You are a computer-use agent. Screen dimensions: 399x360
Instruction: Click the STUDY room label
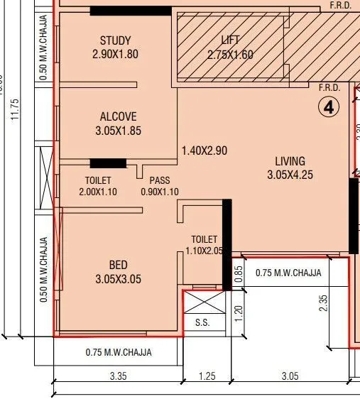115,40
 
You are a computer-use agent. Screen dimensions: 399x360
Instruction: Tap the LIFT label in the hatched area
230,40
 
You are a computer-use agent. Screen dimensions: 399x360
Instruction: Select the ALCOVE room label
118,116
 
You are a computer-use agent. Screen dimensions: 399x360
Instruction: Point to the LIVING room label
286,161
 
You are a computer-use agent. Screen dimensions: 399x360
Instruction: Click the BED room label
118,266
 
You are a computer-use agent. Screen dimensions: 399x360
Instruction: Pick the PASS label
158,180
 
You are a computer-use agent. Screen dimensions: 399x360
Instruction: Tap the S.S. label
202,323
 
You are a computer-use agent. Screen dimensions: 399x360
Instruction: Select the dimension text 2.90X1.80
115,55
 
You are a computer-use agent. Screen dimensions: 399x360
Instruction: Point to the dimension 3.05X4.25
290,175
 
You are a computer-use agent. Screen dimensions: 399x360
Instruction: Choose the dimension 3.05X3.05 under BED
118,280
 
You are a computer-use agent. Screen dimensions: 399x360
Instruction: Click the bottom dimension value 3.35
118,376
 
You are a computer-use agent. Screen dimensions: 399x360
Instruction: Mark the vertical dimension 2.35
324,303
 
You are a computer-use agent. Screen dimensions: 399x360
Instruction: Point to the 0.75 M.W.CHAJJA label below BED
118,352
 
